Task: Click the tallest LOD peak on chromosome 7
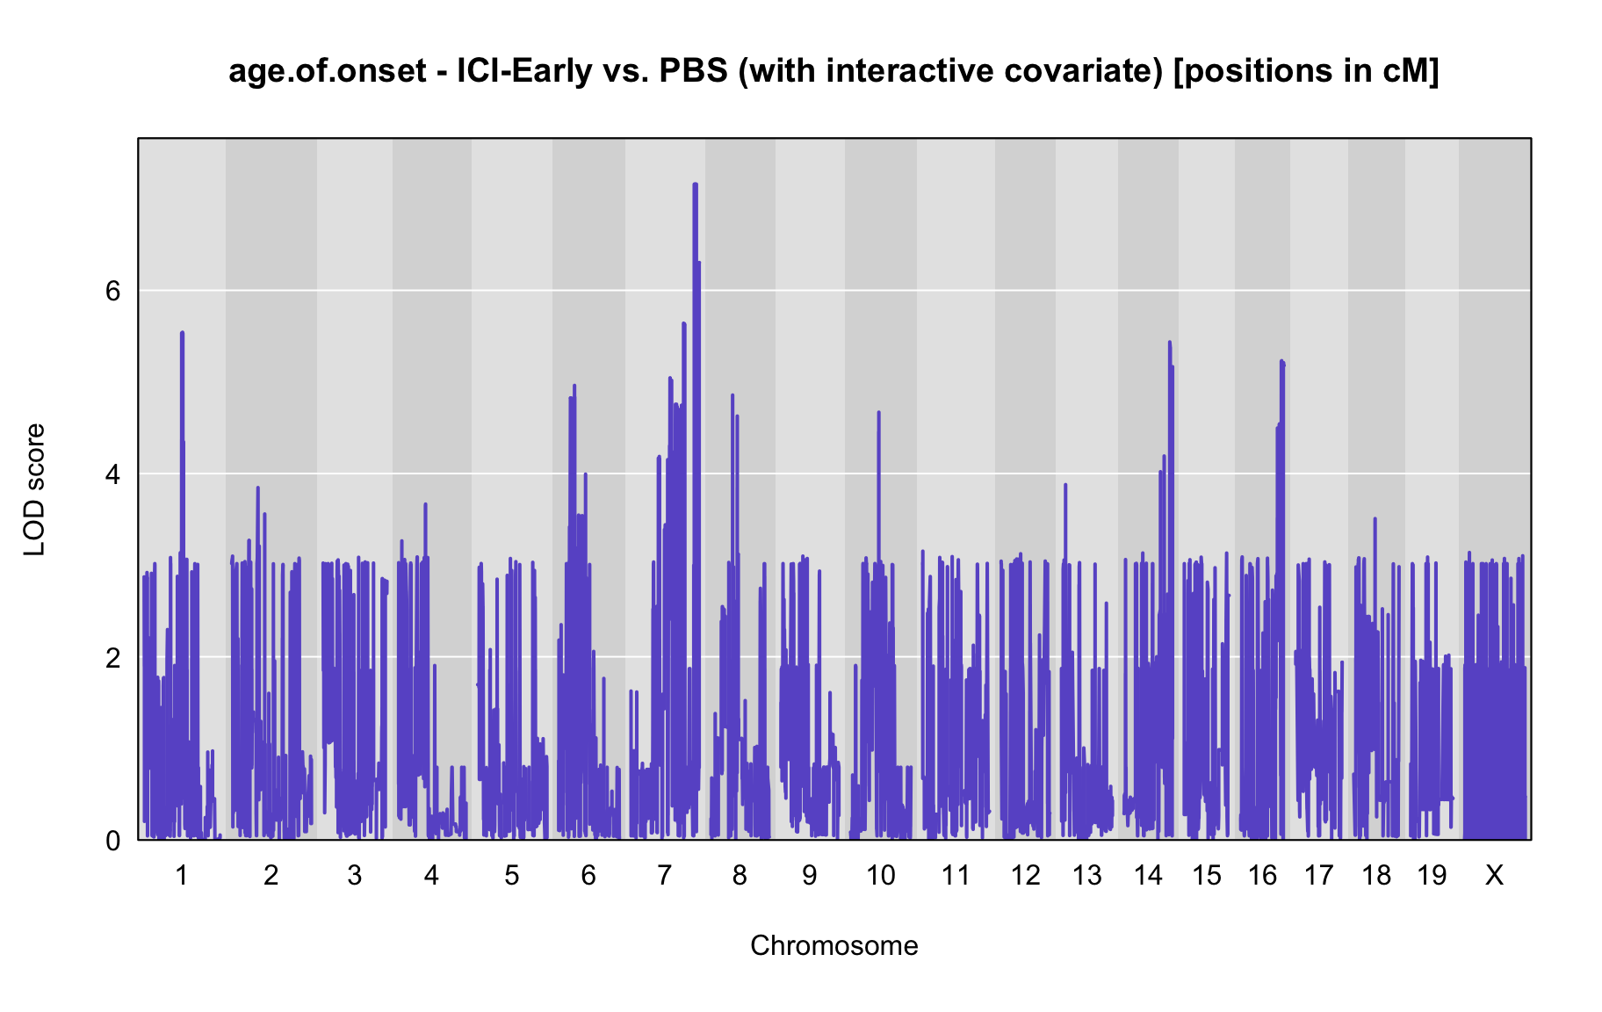[x=695, y=184]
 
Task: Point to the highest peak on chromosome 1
[x=182, y=332]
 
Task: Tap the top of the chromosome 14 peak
[x=1169, y=342]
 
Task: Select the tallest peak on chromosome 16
[x=1281, y=361]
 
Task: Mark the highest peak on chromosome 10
[x=878, y=412]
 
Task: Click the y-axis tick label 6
[x=112, y=291]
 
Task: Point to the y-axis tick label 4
[x=112, y=474]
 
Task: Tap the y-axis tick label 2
[x=112, y=657]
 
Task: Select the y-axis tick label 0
[x=112, y=841]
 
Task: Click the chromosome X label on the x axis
[x=1494, y=875]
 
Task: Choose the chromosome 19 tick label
[x=1432, y=875]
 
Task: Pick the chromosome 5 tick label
[x=512, y=875]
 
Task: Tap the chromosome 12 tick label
[x=1025, y=875]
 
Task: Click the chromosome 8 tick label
[x=740, y=875]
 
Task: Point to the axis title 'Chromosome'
[x=834, y=945]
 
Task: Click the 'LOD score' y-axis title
[x=34, y=489]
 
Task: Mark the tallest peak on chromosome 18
[x=1375, y=519]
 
